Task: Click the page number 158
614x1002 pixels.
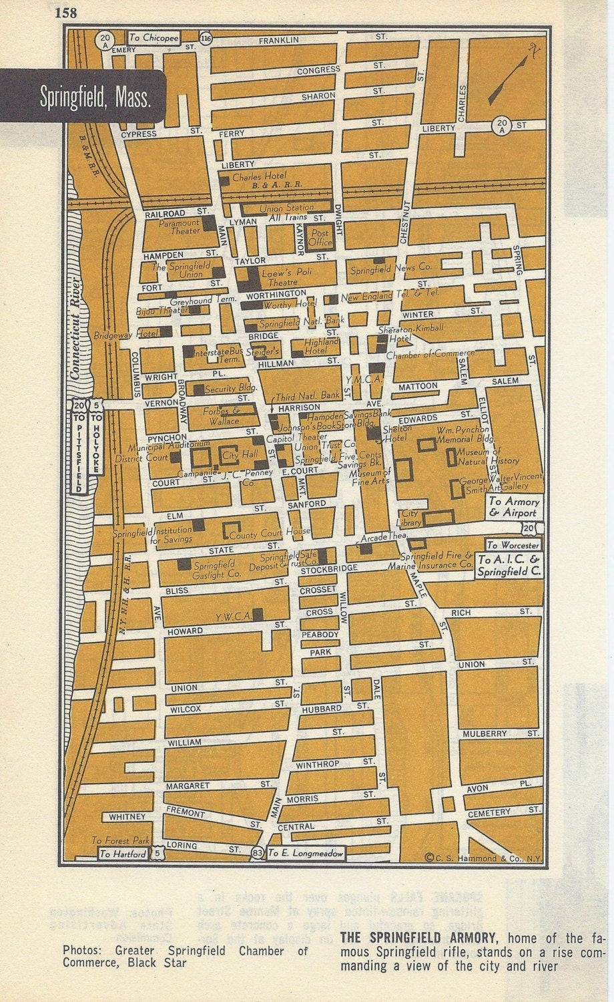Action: (67, 13)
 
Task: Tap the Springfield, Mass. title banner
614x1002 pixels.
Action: (93, 98)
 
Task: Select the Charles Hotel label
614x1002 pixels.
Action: (259, 178)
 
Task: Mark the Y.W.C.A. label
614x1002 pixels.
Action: (233, 617)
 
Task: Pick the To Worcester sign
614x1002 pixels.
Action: (513, 545)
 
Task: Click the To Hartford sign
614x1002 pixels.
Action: (123, 854)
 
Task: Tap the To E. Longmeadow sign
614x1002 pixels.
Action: (306, 853)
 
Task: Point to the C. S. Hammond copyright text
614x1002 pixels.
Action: (483, 858)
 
